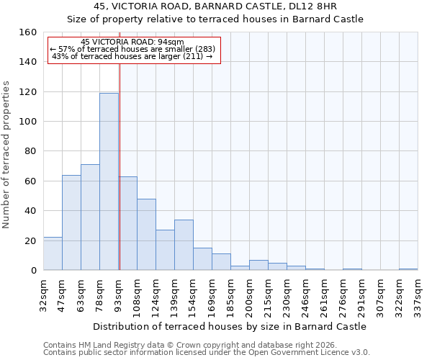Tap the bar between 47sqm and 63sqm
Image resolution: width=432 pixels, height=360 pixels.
71,222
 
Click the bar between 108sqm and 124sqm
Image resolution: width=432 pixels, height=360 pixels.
146,235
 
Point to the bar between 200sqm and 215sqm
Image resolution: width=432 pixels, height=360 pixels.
258,265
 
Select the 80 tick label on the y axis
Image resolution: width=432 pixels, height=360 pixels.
30,151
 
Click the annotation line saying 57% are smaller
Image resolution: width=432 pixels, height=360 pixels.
132,49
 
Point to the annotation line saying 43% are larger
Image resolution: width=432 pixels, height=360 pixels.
132,56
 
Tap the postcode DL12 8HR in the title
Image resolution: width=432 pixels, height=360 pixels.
322,6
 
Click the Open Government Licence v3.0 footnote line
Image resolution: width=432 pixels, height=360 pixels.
207,352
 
